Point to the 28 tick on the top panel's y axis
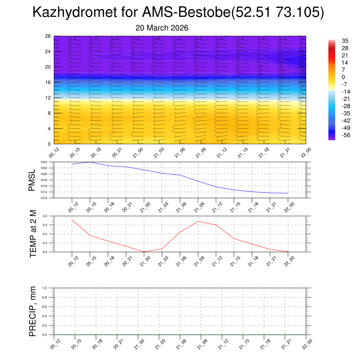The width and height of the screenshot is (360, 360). [x=48, y=36]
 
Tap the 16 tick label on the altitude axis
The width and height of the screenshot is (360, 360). [x=48, y=82]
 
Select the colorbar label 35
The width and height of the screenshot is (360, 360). [x=345, y=41]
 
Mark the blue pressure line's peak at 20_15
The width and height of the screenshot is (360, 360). [x=90, y=162]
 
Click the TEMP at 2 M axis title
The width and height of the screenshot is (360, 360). [x=33, y=234]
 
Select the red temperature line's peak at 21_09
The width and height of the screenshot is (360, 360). [x=198, y=221]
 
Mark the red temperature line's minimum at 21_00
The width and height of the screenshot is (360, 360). [x=144, y=252]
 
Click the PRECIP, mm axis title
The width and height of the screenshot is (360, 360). [x=33, y=311]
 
